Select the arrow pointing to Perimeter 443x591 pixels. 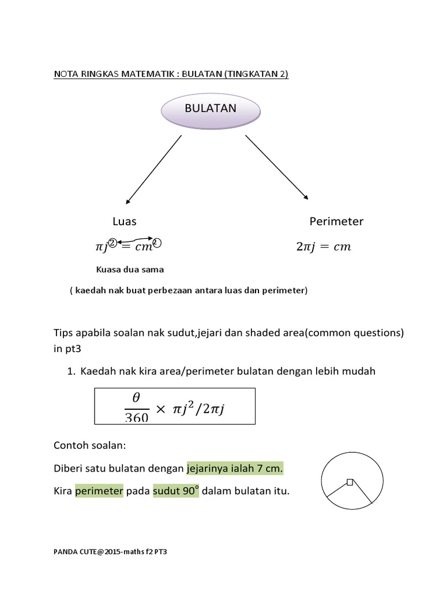(276, 167)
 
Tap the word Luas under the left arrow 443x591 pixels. (125, 222)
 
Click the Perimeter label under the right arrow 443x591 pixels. (336, 222)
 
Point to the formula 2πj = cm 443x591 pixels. (323, 247)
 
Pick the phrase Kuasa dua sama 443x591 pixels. (130, 269)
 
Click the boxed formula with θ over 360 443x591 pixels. (174, 407)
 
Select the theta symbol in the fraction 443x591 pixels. (137, 398)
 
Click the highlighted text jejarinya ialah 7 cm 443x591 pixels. (235, 469)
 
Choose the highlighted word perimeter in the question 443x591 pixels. (99, 491)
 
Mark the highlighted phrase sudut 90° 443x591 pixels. (175, 491)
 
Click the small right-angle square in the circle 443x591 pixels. (350, 482)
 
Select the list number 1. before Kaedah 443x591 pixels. (72, 372)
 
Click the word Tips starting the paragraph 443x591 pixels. (64, 334)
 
